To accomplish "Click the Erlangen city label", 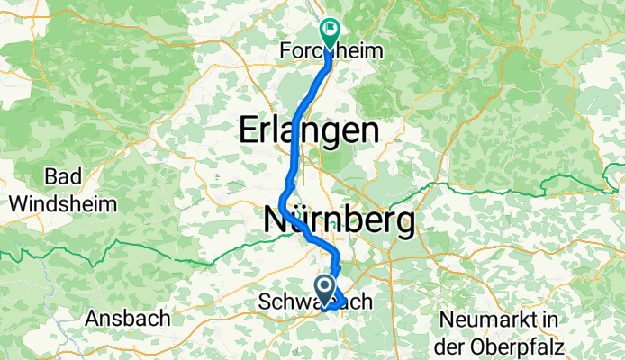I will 308,131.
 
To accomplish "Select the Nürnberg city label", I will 340,219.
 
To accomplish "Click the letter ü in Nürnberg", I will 298,219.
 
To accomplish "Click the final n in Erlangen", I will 367,131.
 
